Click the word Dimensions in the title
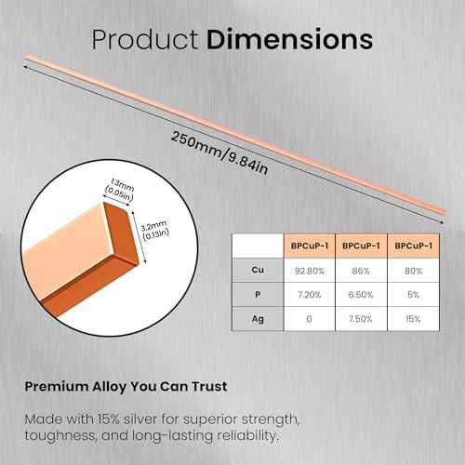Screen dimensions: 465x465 click(290, 40)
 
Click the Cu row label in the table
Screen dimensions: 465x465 click(256, 271)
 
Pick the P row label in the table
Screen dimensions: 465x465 click(256, 295)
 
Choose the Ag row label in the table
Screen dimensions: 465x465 click(256, 319)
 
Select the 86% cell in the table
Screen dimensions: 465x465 click(359, 271)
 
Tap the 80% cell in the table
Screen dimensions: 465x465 click(412, 271)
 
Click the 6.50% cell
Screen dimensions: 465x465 click(359, 295)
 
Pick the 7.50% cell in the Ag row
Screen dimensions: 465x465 click(359, 319)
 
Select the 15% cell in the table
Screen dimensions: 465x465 click(412, 319)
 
